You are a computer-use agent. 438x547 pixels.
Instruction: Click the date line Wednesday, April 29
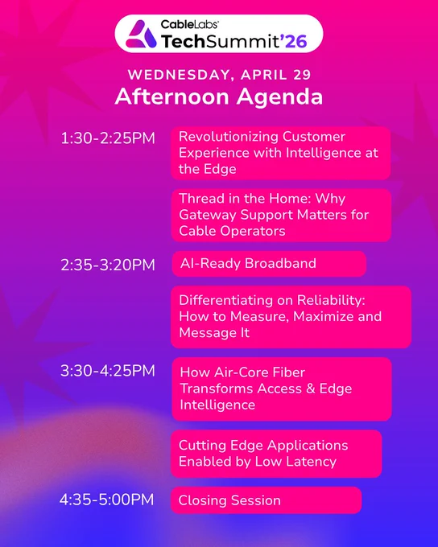coord(219,75)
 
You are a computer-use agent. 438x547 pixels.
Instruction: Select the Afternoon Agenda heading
coord(219,97)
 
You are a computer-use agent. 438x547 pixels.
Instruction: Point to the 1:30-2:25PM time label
coord(108,138)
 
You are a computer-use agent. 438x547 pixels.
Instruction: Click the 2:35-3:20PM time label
coord(108,265)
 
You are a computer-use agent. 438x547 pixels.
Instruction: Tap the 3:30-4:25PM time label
coord(108,371)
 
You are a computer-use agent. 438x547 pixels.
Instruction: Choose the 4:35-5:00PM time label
coord(107,500)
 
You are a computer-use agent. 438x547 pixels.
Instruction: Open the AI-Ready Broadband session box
coord(269,264)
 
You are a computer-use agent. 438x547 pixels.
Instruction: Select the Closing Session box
coord(267,500)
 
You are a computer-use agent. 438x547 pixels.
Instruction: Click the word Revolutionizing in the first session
coord(229,137)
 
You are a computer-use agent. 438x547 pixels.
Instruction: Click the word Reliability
coord(331,300)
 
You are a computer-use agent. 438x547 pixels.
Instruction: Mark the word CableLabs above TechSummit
coord(190,24)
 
